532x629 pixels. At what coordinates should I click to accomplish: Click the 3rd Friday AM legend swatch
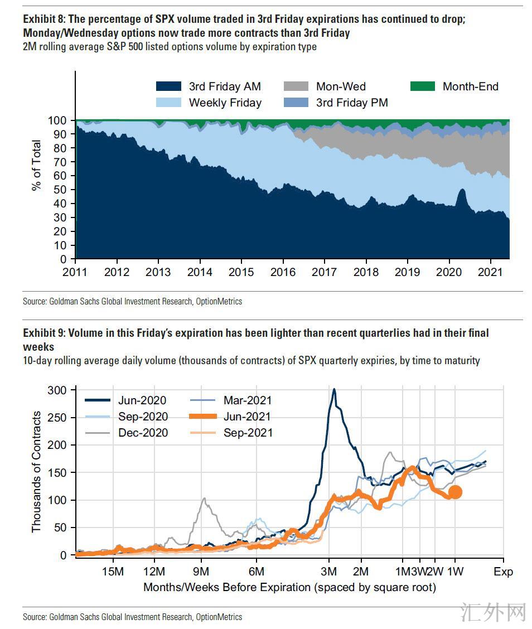(x=168, y=86)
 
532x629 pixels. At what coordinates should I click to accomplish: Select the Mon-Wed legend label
(x=341, y=86)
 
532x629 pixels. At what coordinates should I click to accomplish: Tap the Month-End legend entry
(x=470, y=86)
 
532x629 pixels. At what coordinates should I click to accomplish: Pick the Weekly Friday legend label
(x=225, y=103)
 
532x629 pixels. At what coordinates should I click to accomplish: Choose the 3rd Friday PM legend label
(x=352, y=103)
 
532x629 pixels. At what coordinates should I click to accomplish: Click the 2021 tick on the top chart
(x=490, y=272)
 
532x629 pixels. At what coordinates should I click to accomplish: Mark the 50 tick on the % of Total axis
(x=61, y=190)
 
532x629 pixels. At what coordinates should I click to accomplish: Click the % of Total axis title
(x=37, y=165)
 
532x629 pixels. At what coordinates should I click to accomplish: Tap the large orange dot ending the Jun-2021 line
(x=455, y=492)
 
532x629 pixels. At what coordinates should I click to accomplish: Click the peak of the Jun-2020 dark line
(x=333, y=390)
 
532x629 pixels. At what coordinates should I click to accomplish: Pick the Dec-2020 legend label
(x=143, y=433)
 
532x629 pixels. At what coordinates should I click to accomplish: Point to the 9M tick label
(x=201, y=572)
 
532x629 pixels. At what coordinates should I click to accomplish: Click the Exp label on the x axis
(x=503, y=572)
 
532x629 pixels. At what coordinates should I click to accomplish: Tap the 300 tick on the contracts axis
(x=58, y=390)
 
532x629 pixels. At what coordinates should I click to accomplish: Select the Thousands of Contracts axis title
(x=37, y=472)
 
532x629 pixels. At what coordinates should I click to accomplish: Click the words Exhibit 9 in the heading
(x=43, y=333)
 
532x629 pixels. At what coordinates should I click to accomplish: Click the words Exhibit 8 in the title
(x=43, y=18)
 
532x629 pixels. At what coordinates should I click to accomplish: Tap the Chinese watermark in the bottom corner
(x=495, y=612)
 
